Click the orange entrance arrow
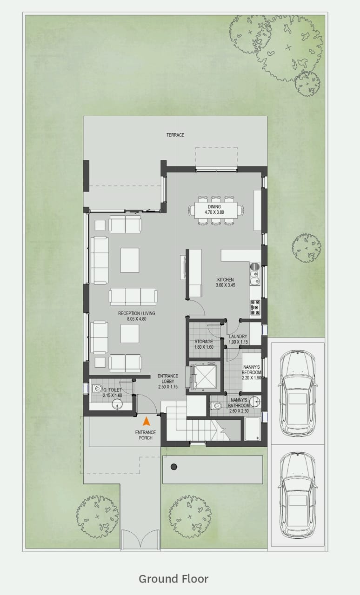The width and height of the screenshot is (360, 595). (146, 421)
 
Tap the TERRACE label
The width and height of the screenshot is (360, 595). (175, 135)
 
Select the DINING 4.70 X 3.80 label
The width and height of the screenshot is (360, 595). (214, 209)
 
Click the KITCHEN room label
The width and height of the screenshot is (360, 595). (226, 282)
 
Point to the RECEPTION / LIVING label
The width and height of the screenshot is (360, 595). (137, 316)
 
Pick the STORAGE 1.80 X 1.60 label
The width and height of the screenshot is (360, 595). (204, 344)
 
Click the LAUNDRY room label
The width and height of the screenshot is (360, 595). (238, 339)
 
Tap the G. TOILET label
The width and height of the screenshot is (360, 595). (112, 393)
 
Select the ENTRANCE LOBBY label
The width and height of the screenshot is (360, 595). (168, 382)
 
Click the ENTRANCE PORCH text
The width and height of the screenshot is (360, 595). (146, 435)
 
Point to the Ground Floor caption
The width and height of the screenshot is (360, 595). (173, 579)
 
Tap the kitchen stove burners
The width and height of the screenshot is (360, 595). (255, 307)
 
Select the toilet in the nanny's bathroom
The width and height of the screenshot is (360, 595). (216, 406)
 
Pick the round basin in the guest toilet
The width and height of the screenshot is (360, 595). (117, 404)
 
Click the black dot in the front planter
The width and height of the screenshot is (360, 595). (174, 466)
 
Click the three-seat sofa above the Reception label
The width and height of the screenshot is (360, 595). (133, 297)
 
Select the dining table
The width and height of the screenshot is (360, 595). (216, 211)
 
